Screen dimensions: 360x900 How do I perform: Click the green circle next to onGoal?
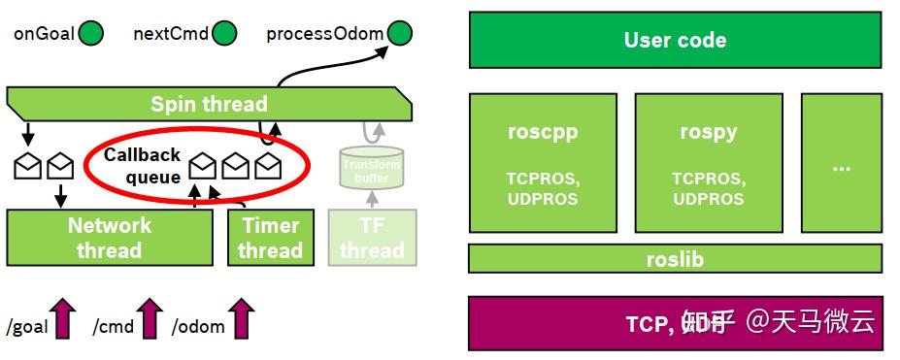tap(90, 34)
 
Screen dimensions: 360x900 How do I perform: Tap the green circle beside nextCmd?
tap(224, 34)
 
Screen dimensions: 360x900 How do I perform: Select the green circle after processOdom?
tap(399, 34)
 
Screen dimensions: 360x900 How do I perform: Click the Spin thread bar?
tap(209, 104)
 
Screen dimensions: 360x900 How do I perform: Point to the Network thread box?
tap(110, 238)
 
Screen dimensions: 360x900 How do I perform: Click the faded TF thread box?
tap(371, 238)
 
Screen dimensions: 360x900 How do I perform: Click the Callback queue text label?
tap(143, 166)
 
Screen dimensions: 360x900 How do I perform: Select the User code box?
tap(675, 41)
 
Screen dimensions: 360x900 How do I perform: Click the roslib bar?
tap(675, 259)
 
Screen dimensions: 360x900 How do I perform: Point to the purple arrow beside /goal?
tap(64, 318)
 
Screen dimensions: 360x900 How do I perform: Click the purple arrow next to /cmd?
tap(150, 318)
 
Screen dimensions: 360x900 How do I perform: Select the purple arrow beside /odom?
tap(241, 318)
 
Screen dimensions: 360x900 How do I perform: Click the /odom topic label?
tap(198, 327)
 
